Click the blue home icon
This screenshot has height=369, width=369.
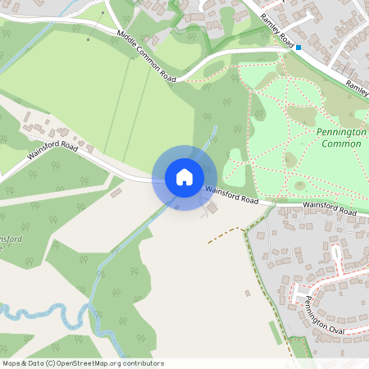184,176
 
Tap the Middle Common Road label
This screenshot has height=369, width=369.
147,56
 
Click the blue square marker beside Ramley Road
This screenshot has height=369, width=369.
299,48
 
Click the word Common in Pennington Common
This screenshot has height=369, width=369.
341,143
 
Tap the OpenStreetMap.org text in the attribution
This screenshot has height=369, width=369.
89,363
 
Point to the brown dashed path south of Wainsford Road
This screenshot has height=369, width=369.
225,235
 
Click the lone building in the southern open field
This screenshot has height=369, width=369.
247,292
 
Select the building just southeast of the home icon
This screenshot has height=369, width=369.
212,208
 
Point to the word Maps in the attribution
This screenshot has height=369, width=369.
11,363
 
